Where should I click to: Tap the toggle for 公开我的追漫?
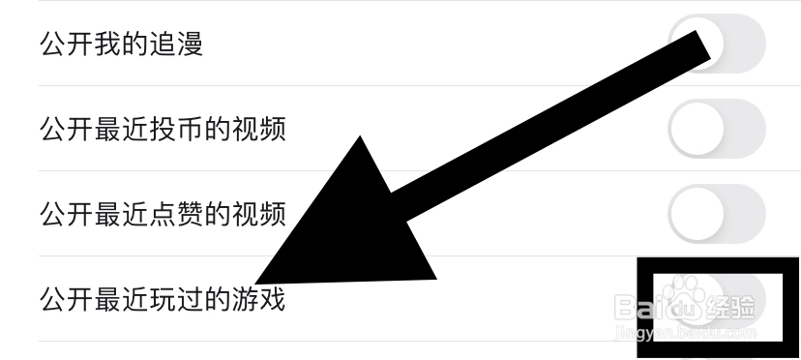pyautogui.click(x=717, y=44)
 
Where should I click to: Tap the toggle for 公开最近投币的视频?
pyautogui.click(x=717, y=128)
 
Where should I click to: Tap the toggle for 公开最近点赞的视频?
pyautogui.click(x=717, y=213)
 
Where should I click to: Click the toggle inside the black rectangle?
pyautogui.click(x=716, y=299)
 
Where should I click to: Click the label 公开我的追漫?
pyautogui.click(x=121, y=45)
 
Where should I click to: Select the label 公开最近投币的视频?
pyautogui.click(x=163, y=129)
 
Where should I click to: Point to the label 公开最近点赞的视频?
pyautogui.click(x=163, y=214)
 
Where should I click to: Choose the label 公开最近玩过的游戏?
pyautogui.click(x=163, y=299)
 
